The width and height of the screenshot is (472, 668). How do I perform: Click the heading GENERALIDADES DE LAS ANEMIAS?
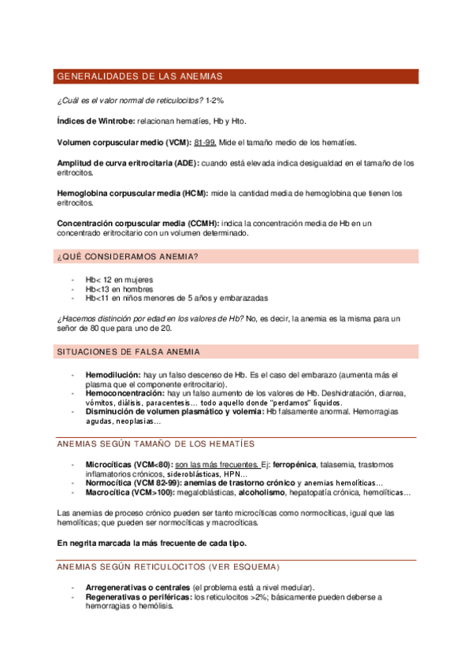click(x=139, y=76)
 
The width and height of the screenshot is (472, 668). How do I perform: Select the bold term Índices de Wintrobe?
click(x=95, y=121)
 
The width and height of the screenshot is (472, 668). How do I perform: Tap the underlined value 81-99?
click(x=205, y=143)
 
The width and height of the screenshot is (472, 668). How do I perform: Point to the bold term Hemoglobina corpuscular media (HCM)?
click(x=125, y=193)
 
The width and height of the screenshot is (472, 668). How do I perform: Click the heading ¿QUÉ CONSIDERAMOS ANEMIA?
click(x=128, y=257)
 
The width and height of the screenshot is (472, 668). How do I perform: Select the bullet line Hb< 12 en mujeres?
click(x=119, y=280)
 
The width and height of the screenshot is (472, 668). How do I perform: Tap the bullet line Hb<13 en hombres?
click(x=119, y=289)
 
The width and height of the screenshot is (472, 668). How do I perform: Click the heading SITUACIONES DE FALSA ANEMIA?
click(x=128, y=351)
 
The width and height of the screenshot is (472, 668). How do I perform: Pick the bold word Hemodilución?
click(x=113, y=374)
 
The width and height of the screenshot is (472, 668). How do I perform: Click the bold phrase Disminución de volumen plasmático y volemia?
click(x=175, y=411)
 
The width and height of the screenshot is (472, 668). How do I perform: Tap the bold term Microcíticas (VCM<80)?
click(x=128, y=465)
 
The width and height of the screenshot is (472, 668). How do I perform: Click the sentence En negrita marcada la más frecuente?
click(x=152, y=543)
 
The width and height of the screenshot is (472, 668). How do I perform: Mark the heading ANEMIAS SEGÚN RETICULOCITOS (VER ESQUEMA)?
click(x=169, y=566)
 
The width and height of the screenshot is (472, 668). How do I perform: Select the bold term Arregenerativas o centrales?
click(x=137, y=588)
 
